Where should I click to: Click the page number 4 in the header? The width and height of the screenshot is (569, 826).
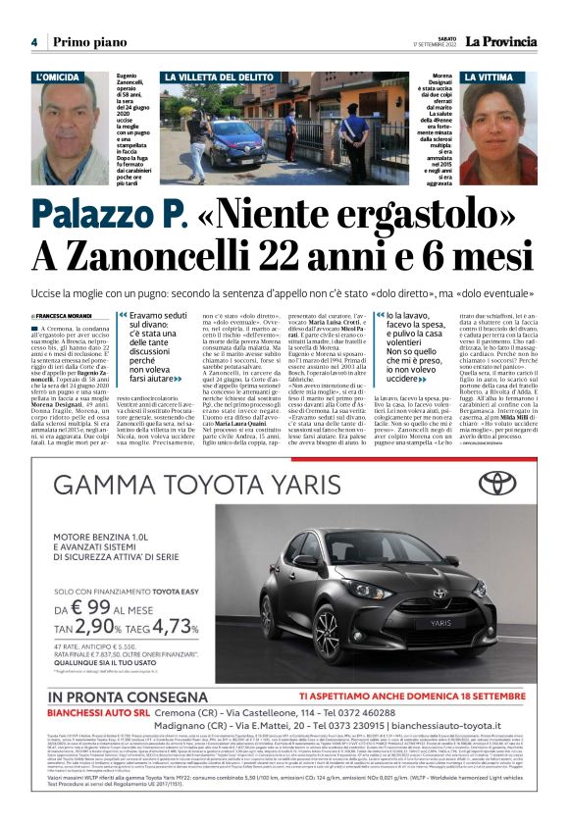point(34,42)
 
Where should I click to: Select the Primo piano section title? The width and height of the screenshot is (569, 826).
point(89,42)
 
